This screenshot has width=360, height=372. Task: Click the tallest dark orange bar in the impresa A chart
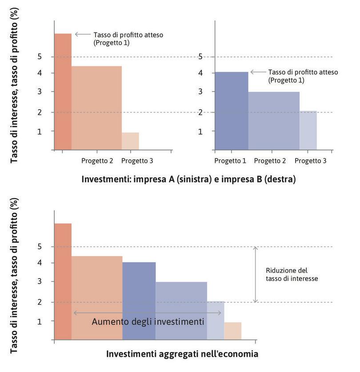(63, 91)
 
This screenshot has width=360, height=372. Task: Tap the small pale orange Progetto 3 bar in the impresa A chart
(130, 141)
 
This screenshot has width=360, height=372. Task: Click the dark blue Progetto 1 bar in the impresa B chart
(231, 111)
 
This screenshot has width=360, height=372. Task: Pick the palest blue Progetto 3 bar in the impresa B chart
(308, 130)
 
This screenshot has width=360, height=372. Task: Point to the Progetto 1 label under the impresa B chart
(230, 161)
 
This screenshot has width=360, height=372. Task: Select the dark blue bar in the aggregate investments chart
(139, 301)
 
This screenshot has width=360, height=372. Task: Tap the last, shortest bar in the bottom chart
(233, 331)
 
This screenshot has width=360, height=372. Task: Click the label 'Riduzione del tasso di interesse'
(292, 274)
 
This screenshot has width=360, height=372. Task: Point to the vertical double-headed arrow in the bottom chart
(256, 275)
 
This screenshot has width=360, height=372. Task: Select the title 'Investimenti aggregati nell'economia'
(182, 355)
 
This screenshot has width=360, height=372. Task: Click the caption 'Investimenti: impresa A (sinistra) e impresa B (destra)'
(188, 179)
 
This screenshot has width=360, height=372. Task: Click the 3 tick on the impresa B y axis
(201, 92)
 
